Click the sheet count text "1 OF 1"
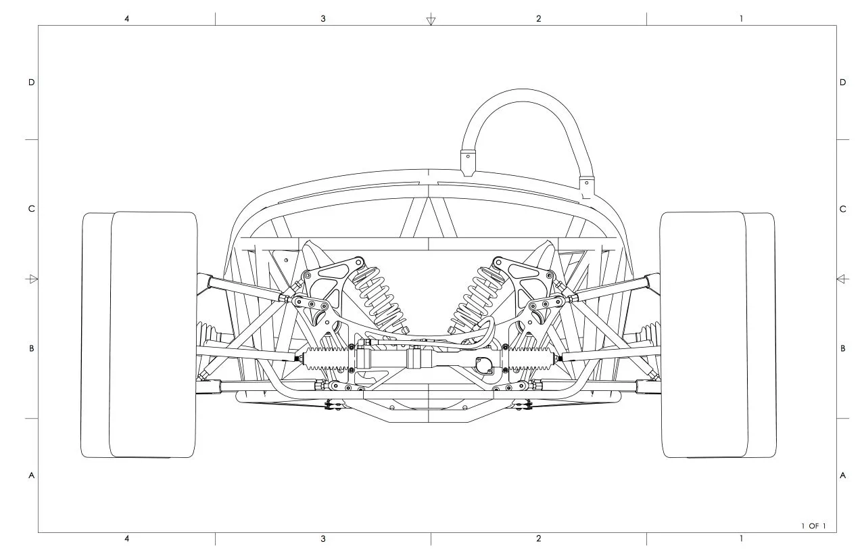pyautogui.click(x=813, y=526)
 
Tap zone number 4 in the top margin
pyautogui.click(x=127, y=18)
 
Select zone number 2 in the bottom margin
pyautogui.click(x=538, y=538)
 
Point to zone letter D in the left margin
pyautogui.click(x=32, y=83)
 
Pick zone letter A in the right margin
pyautogui.click(x=843, y=475)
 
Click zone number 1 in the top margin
pyautogui.click(x=741, y=18)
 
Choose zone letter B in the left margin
pyautogui.click(x=32, y=348)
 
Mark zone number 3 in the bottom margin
pyautogui.click(x=323, y=538)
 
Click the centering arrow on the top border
pyautogui.click(x=431, y=20)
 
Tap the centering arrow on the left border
pyautogui.click(x=32, y=279)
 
